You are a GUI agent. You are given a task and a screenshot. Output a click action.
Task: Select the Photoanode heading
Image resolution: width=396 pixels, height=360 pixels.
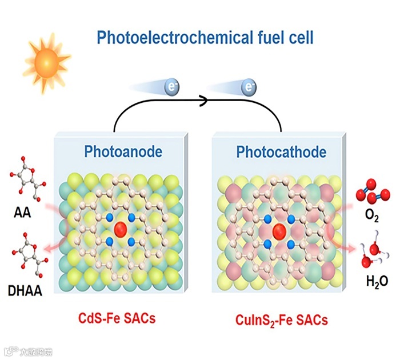[123, 152]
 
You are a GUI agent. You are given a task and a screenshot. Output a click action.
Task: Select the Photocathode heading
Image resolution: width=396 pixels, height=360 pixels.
[281, 153]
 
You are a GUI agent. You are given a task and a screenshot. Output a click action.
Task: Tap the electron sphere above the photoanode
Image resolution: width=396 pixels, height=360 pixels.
[171, 87]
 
